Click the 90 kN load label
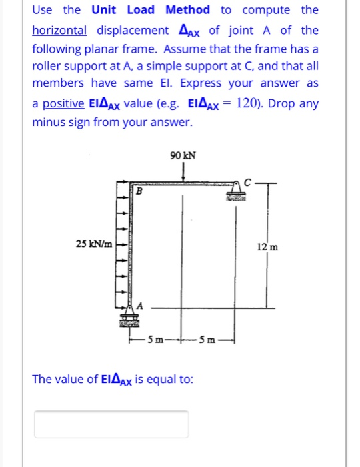183,156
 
